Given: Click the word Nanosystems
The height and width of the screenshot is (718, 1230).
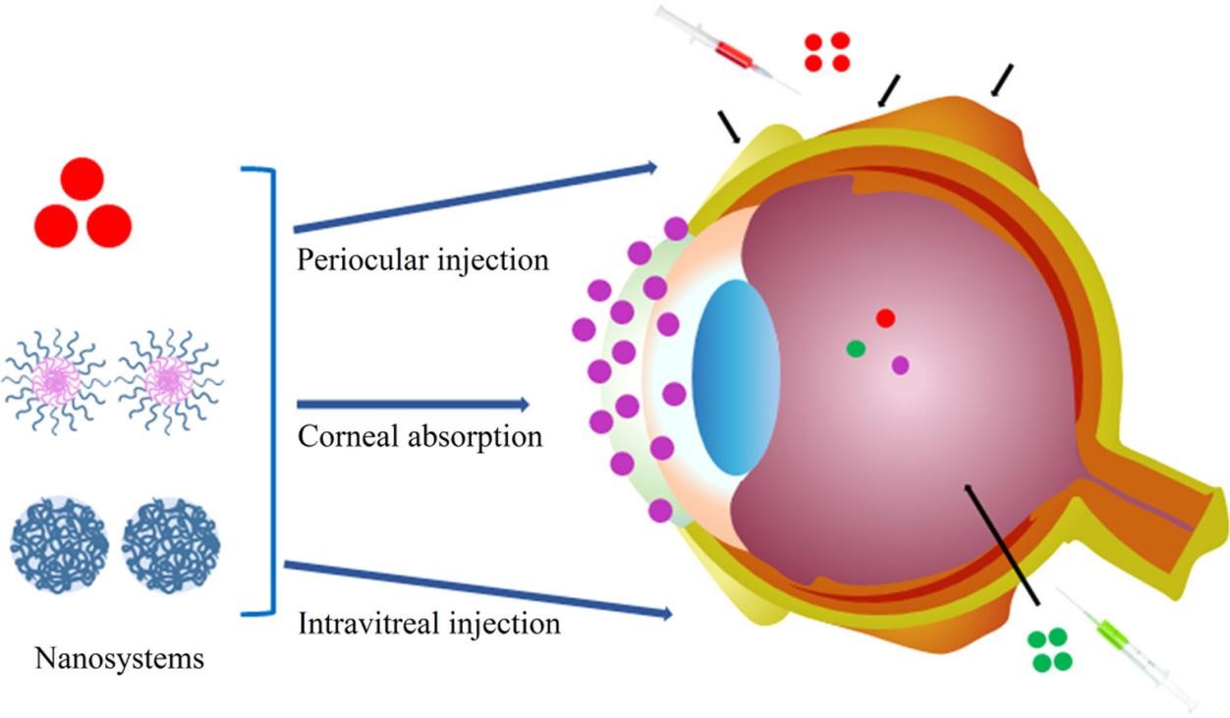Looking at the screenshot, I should coord(120,658).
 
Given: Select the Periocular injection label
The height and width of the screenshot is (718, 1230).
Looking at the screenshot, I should coord(421,261).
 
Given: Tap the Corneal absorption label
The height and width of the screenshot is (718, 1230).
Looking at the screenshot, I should coord(419,435).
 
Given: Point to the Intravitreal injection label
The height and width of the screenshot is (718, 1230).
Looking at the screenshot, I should coord(428,623).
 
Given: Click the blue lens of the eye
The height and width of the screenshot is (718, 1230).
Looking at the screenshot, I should coord(735,377).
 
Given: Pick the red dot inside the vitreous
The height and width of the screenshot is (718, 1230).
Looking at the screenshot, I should coord(885,318).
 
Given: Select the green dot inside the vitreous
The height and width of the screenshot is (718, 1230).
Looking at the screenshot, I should coord(856,348).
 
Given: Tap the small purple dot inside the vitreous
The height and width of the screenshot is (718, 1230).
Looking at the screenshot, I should coord(900,365).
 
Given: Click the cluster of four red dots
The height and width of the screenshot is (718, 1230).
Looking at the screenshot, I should coord(826,52).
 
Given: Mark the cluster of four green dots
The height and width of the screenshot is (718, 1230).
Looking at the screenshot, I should coord(1049,650).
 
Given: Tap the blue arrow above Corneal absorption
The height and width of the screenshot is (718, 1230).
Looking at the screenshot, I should coord(413,404).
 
